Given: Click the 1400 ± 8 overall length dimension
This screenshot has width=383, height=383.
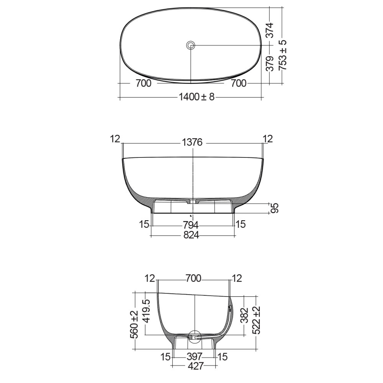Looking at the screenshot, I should coord(196,97).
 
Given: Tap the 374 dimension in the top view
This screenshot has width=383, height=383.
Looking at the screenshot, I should coord(270,30).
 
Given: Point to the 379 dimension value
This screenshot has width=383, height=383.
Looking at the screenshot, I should coord(270,64).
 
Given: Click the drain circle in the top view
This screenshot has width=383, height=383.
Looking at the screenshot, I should coord(191,46).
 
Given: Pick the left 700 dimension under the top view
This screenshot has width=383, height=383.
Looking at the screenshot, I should coord(143,83).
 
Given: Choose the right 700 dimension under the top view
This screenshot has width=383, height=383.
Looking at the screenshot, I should coord(239,83).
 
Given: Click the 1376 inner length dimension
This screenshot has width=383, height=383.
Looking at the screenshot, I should coord(192,143).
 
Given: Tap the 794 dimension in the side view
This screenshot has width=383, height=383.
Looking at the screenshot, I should coord(191,224).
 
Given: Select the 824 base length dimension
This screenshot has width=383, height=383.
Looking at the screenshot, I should coord(191,235).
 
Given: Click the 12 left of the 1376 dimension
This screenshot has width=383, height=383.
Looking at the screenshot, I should coord(115,139).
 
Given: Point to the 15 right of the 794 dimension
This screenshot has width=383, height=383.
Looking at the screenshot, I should coord(241,224).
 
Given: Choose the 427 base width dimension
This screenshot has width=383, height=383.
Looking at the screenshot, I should coord(195,366).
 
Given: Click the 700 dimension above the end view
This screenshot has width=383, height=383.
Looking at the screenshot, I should coord(193,278).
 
